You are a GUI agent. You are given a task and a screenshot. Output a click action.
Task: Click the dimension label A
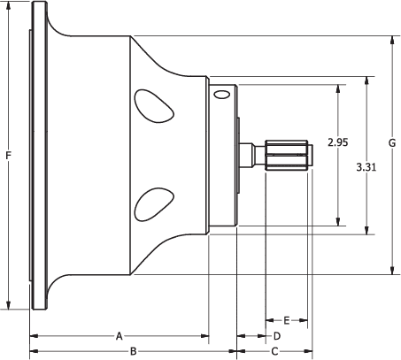click(x=119, y=336)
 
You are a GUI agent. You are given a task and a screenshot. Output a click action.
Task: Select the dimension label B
click(x=133, y=351)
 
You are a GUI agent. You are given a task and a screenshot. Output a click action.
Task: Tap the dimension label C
click(x=274, y=351)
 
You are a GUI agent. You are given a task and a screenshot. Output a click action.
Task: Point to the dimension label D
click(x=276, y=336)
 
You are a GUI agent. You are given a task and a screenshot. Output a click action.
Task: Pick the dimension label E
click(x=286, y=319)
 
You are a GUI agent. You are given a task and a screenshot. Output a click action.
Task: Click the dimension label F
click(x=8, y=156)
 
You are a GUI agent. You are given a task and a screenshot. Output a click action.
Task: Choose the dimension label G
click(x=391, y=143)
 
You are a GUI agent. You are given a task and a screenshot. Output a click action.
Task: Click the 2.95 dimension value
click(x=337, y=142)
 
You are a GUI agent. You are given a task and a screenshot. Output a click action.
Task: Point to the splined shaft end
click(x=287, y=156)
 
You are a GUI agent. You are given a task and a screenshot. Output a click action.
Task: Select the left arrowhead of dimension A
click(x=34, y=336)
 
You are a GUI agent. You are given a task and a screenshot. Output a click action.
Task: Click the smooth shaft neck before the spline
click(x=251, y=156)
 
